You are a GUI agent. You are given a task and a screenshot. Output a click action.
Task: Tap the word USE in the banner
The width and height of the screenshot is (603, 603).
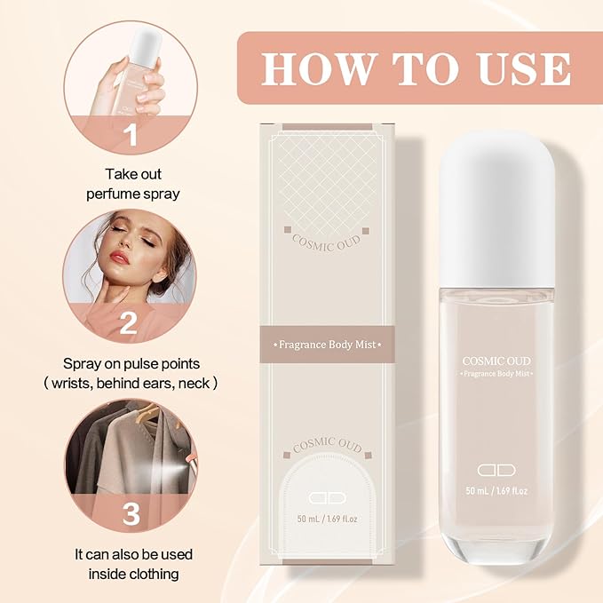coord(522,68)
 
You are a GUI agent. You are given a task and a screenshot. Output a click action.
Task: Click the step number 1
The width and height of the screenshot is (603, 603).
coord(131,136)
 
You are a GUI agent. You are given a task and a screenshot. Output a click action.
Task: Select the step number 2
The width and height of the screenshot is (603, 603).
coord(131,323)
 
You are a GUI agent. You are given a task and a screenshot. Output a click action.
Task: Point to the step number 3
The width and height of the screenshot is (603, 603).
coord(131,513)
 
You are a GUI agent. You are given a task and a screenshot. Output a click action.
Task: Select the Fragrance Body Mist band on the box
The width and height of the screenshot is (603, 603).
coord(320,343)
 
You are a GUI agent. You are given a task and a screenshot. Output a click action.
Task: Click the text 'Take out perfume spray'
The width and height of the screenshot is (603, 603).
coord(133,184)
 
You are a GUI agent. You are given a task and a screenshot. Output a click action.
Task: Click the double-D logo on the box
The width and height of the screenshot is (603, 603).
coord(320,497)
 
